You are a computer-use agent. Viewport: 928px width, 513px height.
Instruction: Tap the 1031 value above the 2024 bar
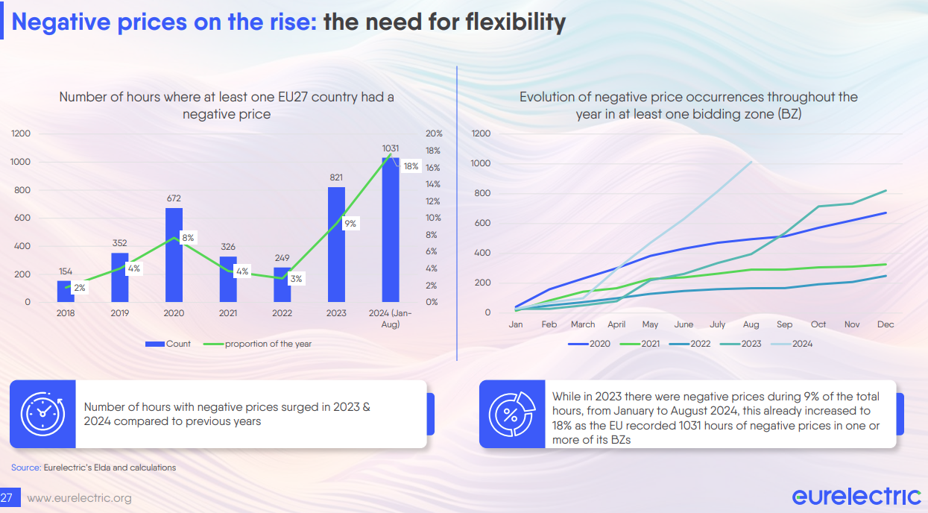[391, 148]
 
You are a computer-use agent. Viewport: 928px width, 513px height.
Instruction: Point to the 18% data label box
[411, 166]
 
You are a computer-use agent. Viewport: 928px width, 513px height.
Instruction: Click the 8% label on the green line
[188, 238]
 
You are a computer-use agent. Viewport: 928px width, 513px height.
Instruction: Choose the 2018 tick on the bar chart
[66, 313]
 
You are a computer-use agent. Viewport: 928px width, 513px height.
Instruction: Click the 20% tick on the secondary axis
[434, 133]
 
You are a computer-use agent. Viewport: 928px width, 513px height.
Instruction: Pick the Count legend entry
[168, 344]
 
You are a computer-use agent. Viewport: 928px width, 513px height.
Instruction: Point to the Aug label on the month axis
[751, 324]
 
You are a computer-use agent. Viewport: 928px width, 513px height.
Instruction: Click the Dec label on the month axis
[886, 324]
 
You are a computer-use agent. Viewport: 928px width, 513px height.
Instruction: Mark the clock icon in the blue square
[42, 414]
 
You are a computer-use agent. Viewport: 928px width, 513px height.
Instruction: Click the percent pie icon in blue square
[511, 414]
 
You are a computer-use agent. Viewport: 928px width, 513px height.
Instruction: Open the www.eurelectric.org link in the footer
[79, 498]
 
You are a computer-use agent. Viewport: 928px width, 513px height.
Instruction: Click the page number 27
[7, 498]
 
